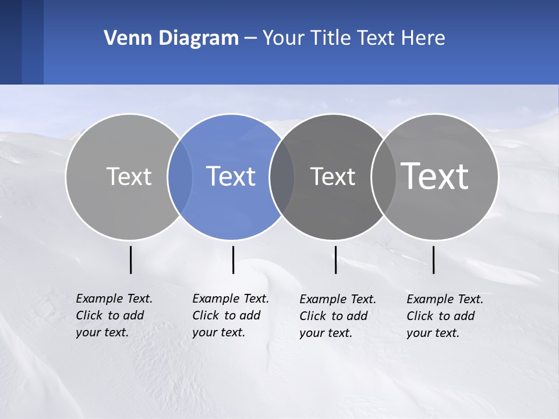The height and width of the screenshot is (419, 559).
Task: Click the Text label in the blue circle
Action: [231, 176]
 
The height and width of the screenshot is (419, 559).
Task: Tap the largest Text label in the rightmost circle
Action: [435, 176]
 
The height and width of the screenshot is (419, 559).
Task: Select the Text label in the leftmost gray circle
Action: [129, 176]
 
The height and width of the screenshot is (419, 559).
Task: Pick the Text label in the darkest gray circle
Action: [332, 177]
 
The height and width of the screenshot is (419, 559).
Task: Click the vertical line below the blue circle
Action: [233, 260]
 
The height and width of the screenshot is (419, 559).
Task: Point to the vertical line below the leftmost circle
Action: [131, 260]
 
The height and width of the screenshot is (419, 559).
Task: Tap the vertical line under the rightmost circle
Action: [434, 260]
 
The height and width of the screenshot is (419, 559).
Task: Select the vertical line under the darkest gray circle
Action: [336, 260]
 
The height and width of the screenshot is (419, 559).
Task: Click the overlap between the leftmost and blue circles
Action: [180, 177]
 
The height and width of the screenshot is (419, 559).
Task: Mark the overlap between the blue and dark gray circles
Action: [282, 177]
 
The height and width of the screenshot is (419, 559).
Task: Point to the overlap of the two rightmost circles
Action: [383, 177]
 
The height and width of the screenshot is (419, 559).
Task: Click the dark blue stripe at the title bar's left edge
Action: [11, 42]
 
